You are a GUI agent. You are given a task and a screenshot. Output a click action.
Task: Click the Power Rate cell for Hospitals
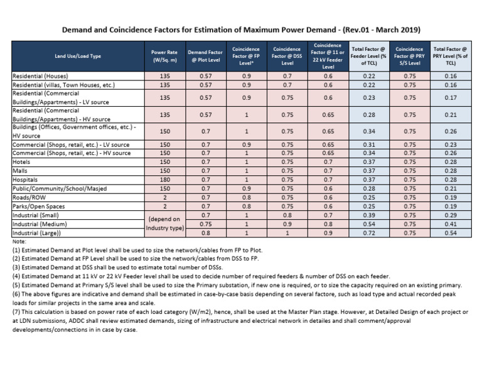[164, 179]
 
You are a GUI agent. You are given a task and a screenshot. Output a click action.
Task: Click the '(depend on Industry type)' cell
[164, 223]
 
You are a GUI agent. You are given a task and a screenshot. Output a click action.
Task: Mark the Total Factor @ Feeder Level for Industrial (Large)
[367, 232]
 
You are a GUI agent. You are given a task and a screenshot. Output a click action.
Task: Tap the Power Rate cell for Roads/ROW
[164, 197]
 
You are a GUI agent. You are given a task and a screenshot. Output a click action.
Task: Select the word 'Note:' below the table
[21, 241]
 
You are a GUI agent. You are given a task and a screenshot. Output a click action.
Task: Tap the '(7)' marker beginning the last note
[18, 312]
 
